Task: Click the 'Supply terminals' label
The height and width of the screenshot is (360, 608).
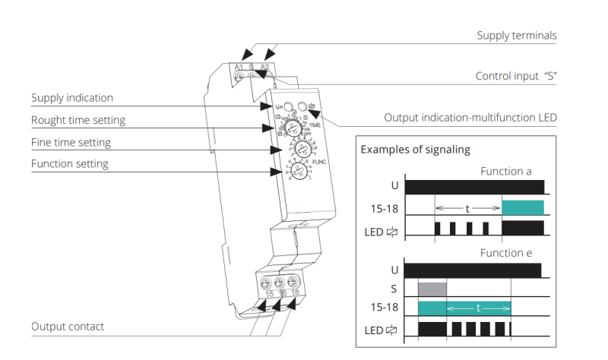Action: tap(517, 36)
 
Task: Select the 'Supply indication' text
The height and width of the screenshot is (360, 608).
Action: tap(72, 98)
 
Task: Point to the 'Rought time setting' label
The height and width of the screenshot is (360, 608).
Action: tap(78, 120)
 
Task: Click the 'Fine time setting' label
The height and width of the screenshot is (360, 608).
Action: tap(71, 142)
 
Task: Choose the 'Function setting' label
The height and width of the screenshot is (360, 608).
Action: tap(69, 163)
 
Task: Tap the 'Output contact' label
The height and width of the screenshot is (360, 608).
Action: tap(68, 327)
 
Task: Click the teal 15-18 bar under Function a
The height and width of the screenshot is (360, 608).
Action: tap(523, 207)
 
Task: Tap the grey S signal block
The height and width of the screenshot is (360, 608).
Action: tap(432, 289)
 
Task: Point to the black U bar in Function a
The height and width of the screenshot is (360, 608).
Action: tap(475, 187)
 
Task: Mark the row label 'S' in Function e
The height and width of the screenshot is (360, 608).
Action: tap(393, 289)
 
